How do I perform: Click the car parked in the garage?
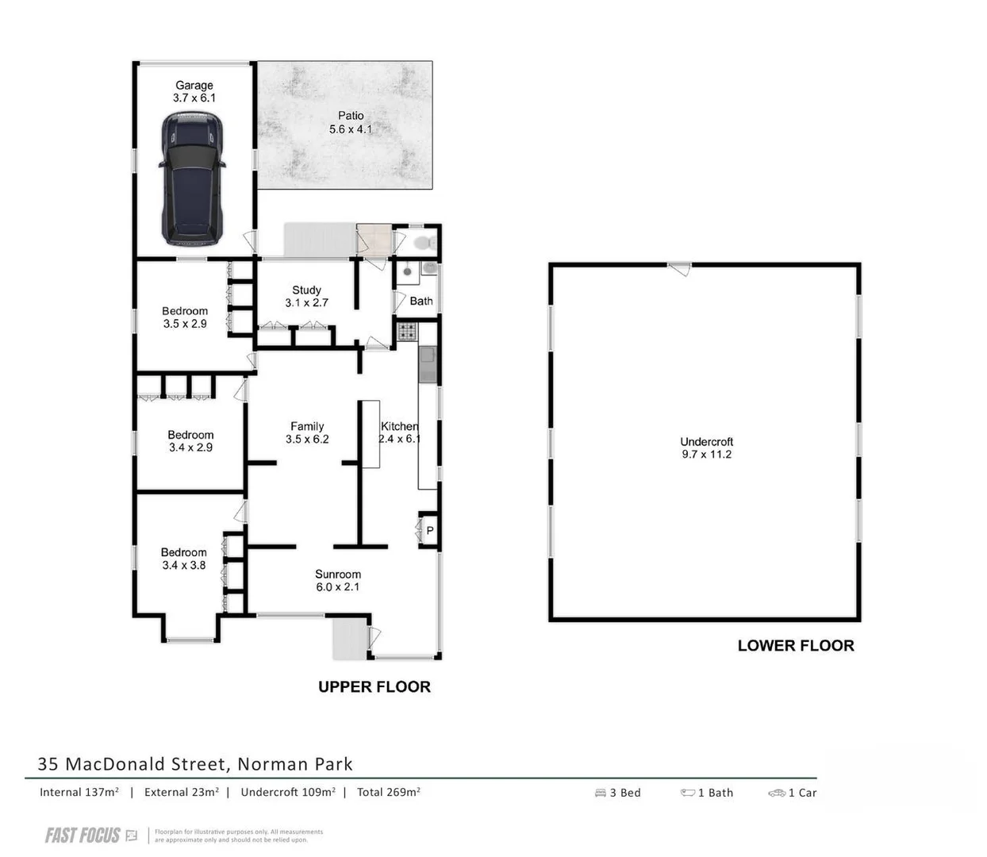pos(193,179)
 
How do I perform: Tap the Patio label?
pos(351,116)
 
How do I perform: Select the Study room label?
pos(306,290)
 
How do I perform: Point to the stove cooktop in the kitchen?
pos(406,331)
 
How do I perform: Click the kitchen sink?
pos(428,364)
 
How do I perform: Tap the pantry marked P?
pos(429,530)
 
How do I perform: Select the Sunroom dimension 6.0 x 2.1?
pos(338,587)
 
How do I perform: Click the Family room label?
pos(307,426)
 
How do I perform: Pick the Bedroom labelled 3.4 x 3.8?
pos(183,559)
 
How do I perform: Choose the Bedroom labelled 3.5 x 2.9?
pos(185,317)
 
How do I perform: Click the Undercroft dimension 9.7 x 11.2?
pos(706,455)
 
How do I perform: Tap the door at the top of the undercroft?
pos(678,269)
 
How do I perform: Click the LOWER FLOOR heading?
pos(796,646)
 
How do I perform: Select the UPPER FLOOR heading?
pos(374,687)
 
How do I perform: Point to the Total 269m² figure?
pos(388,792)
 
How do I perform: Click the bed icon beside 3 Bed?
pos(601,793)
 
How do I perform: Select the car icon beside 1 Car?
pos(776,793)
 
